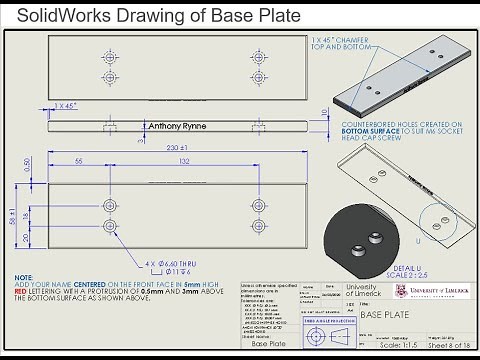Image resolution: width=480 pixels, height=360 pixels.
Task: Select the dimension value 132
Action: pos(183,161)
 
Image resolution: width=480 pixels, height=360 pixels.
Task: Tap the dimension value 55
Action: pos(78,161)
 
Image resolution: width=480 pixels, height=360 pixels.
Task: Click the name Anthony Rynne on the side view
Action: pos(178,127)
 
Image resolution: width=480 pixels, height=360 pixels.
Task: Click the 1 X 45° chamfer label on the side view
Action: pos(66,105)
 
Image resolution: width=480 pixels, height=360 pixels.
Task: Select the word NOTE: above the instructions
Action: pos(24,277)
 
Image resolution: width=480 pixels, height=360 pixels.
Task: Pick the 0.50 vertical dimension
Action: pos(28,163)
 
